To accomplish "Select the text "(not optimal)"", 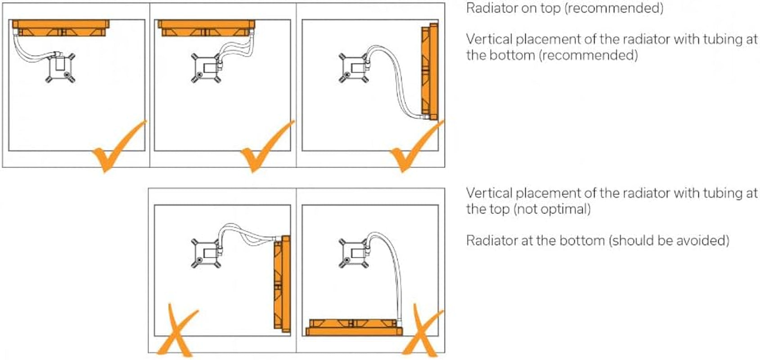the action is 552,209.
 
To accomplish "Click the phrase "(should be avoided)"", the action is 669,241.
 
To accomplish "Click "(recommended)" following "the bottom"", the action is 589,55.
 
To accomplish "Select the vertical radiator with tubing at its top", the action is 282,283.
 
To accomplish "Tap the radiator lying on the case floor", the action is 354,328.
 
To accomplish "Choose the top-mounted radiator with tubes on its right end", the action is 207,28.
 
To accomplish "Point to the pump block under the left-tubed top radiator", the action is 60,68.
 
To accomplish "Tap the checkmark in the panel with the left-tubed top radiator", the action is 119,147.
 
